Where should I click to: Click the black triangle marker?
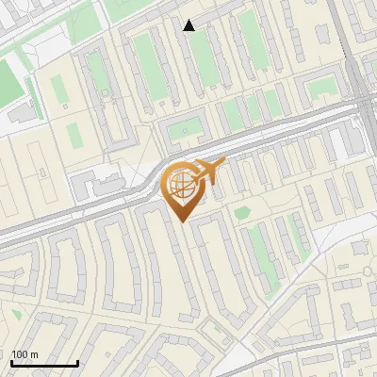click(x=189, y=25)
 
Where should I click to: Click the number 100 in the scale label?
click(x=20, y=354)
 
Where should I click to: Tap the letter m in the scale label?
click(x=35, y=354)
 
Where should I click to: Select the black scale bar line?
click(x=44, y=363)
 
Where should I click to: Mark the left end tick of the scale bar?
click(x=11, y=361)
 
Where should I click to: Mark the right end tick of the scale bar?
click(x=77, y=361)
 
